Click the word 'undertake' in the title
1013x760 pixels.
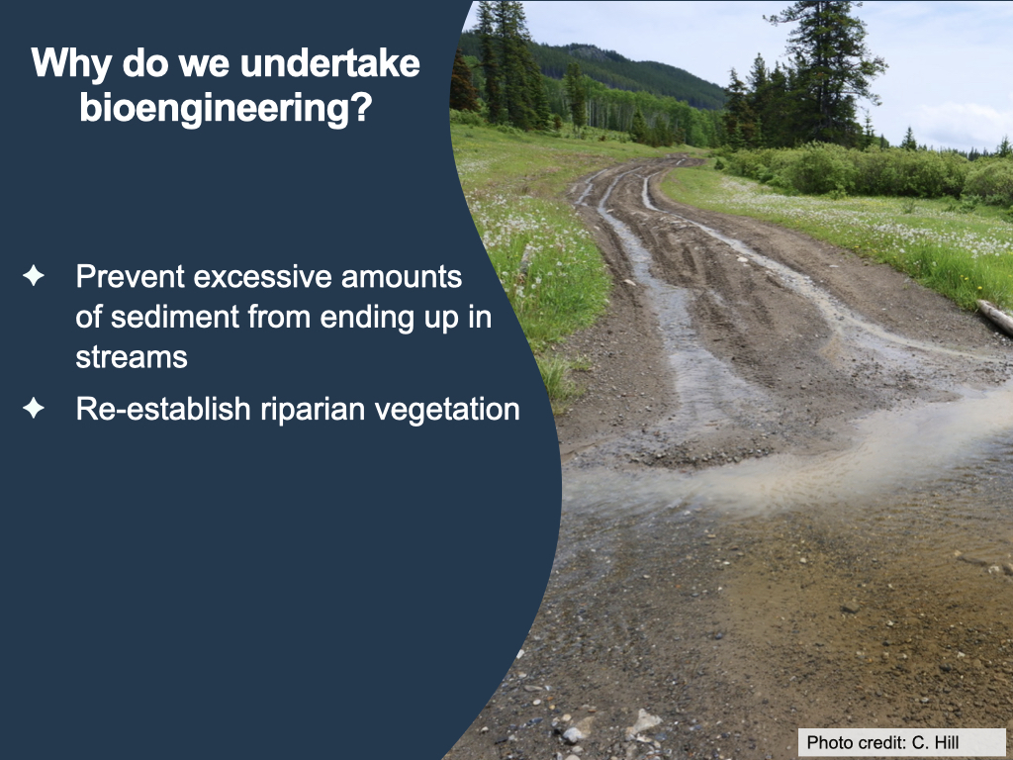(330, 63)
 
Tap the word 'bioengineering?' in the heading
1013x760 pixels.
(227, 107)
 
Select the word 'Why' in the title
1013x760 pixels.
(71, 64)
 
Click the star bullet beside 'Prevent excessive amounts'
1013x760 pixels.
(34, 275)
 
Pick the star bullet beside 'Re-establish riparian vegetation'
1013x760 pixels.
(34, 408)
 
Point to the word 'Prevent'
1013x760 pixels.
(131, 277)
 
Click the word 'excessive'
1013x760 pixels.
(263, 277)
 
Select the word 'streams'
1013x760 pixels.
(132, 356)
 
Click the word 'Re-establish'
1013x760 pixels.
(163, 409)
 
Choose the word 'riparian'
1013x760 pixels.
(314, 410)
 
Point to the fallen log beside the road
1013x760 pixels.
(995, 316)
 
